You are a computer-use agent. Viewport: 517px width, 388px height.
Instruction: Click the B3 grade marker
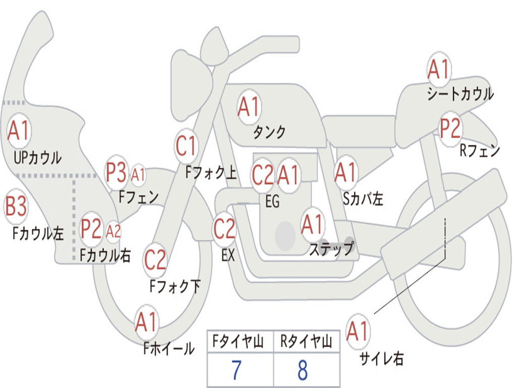pos(16,206)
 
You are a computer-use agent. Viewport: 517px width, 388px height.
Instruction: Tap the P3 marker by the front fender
pos(116,172)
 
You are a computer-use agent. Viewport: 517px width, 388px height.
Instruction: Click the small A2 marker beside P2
pos(113,231)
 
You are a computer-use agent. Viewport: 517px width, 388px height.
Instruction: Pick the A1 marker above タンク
pos(249,107)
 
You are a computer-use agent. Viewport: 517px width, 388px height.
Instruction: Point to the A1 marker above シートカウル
pos(439,69)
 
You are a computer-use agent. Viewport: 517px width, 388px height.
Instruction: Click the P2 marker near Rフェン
pos(450,128)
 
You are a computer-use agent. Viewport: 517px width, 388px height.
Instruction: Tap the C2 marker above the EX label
pos(225,229)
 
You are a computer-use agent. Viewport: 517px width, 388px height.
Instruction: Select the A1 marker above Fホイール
pos(146,322)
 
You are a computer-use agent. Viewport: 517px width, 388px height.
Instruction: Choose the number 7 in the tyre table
pos(236,370)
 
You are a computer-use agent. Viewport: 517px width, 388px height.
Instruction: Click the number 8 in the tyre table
pos(303,370)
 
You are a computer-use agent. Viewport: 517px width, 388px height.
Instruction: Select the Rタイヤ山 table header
pos(306,341)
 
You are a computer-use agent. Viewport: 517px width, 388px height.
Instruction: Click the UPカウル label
pos(37,158)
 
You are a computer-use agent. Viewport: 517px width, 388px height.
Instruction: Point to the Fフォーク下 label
pos(175,286)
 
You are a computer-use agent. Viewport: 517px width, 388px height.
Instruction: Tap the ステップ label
pos(332,249)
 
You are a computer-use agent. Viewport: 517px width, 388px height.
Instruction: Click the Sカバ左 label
pos(363,199)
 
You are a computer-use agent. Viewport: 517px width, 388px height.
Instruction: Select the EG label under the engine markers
pos(272,201)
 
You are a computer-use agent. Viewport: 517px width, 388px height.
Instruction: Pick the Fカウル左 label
pos(38,233)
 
